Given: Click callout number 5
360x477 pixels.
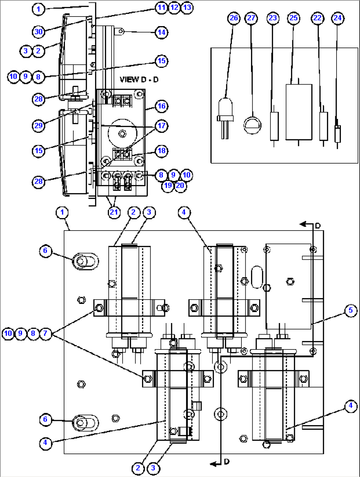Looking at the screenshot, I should pyautogui.click(x=350, y=310).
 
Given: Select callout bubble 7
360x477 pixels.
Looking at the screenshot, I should pyautogui.click(x=46, y=333).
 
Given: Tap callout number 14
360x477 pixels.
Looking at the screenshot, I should pyautogui.click(x=162, y=32).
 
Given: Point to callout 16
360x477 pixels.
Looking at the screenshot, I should pyautogui.click(x=162, y=106).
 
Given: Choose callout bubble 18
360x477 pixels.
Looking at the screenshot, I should pyautogui.click(x=162, y=151).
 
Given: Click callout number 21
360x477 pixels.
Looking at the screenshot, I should pyautogui.click(x=114, y=212).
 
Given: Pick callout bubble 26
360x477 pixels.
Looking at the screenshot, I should pyautogui.click(x=234, y=18).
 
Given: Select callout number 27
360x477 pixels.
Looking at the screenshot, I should pyautogui.click(x=251, y=18).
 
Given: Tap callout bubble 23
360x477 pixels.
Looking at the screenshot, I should pyautogui.click(x=273, y=18).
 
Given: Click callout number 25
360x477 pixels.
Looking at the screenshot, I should pyautogui.click(x=294, y=18).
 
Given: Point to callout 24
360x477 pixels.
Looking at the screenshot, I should pyautogui.click(x=338, y=18).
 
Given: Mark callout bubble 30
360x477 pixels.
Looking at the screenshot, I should pyautogui.click(x=39, y=32).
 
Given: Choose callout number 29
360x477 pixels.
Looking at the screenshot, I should pyautogui.click(x=39, y=126).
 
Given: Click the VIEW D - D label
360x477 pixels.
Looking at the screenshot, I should pyautogui.click(x=139, y=80).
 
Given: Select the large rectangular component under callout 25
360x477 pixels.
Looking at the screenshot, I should pyautogui.click(x=299, y=112).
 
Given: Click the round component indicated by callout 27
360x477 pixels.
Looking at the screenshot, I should pyautogui.click(x=252, y=125).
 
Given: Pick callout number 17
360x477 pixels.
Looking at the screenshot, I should pyautogui.click(x=162, y=126).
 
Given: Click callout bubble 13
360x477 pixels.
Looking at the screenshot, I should pyautogui.click(x=187, y=7).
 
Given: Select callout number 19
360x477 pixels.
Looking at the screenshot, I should pyautogui.click(x=168, y=185).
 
